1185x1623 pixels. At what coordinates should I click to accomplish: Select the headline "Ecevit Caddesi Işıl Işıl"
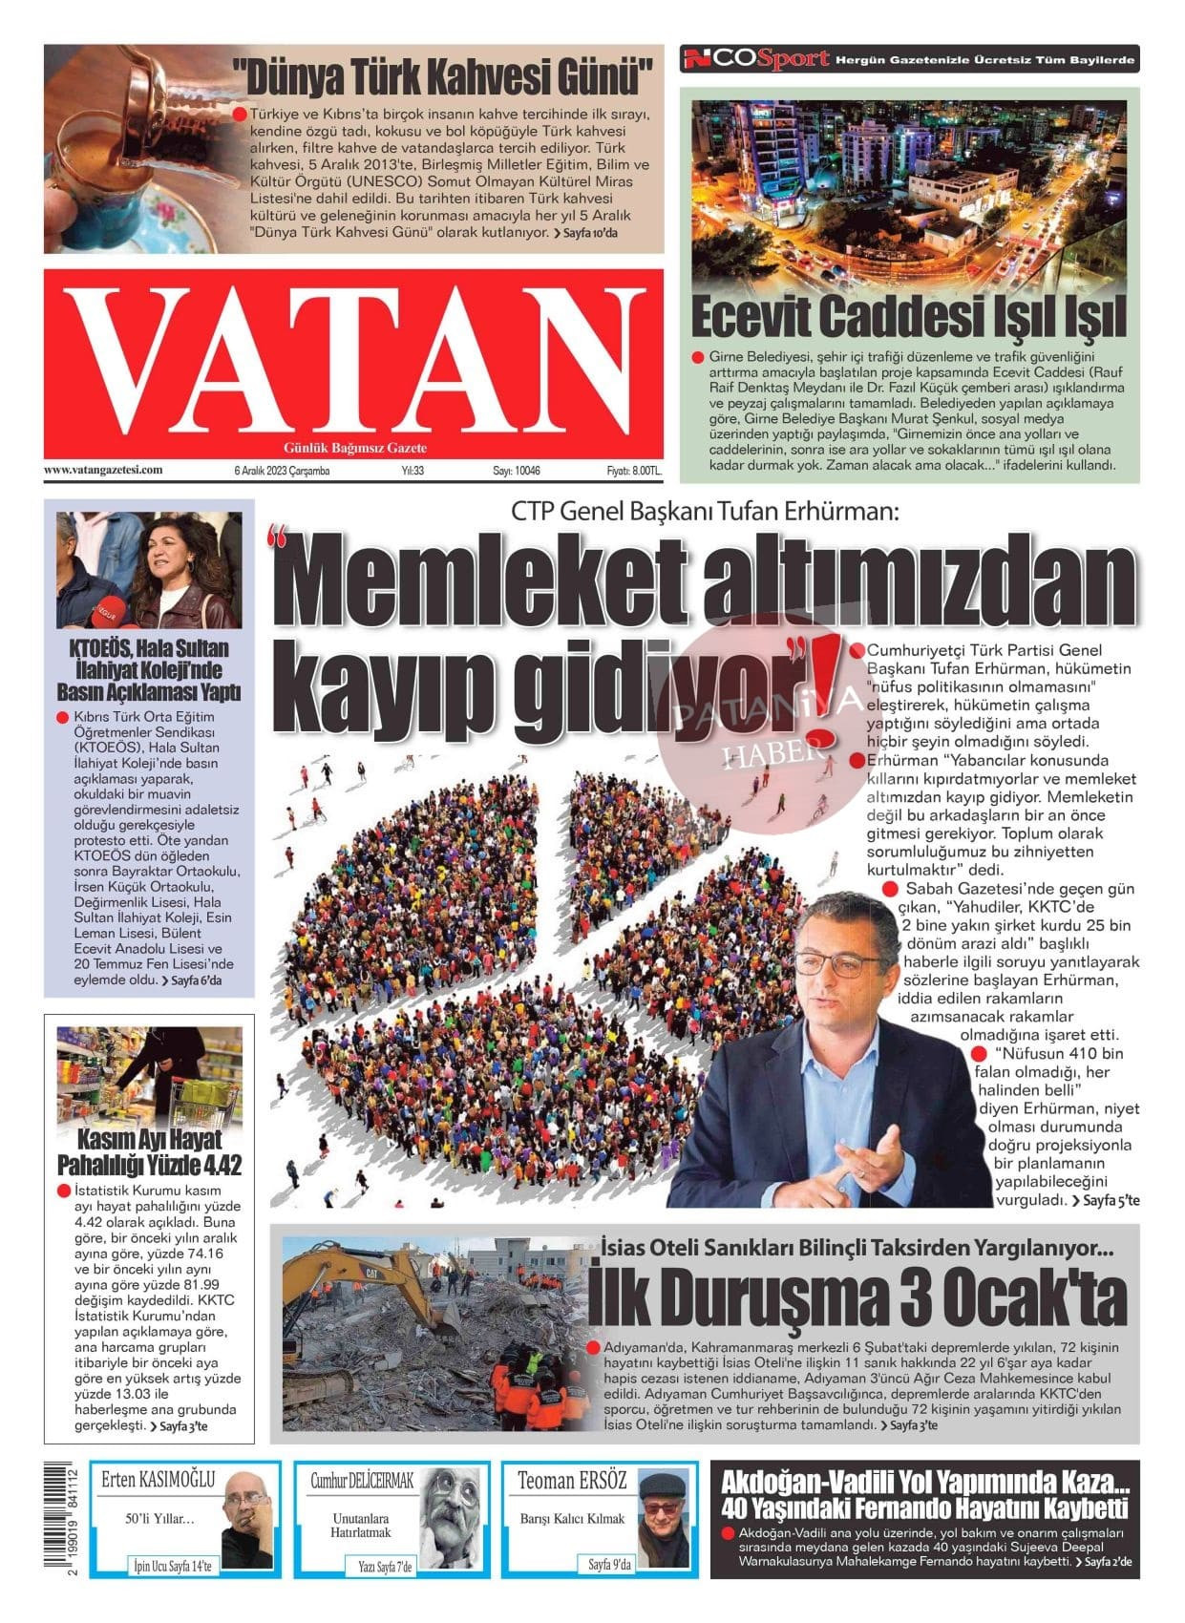pos(908,317)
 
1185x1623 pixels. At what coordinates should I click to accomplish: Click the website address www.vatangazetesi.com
pos(103,470)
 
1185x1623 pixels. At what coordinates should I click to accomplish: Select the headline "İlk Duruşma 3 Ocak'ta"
pos(856,1297)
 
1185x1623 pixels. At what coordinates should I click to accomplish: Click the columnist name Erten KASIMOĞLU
pos(159,1481)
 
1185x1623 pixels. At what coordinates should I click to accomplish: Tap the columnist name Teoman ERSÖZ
pos(572,1481)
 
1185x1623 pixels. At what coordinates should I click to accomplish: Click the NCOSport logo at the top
pos(755,59)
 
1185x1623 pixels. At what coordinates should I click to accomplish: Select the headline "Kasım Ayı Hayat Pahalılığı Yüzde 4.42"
pos(149,1151)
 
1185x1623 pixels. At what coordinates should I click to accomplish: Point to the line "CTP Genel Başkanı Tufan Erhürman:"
pos(706,510)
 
